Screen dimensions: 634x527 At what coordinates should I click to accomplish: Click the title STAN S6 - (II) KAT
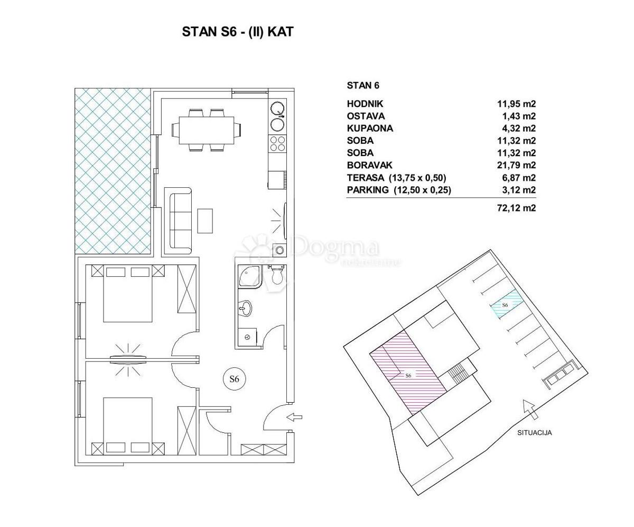point(238,32)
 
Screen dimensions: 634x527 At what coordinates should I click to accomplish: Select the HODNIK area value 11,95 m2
point(516,104)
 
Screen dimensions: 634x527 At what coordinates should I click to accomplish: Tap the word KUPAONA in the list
point(370,129)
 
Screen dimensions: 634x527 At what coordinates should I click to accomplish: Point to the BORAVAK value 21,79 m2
point(516,165)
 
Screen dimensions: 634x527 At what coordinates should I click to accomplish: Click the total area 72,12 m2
point(516,208)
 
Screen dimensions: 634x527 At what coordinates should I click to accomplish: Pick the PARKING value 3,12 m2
point(519,190)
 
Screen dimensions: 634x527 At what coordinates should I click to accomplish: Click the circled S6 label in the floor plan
point(234,379)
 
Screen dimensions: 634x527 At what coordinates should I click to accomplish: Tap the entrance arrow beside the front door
point(294,417)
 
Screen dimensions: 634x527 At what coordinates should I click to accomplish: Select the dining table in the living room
point(207,130)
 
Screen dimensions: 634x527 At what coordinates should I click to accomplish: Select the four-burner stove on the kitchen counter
point(277,143)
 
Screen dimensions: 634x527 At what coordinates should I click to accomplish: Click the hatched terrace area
point(113,171)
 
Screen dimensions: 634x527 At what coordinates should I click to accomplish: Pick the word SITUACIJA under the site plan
point(534,433)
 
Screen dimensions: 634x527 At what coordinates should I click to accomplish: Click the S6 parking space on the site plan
point(505,304)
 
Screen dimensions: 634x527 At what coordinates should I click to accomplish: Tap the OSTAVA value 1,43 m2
point(519,116)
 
